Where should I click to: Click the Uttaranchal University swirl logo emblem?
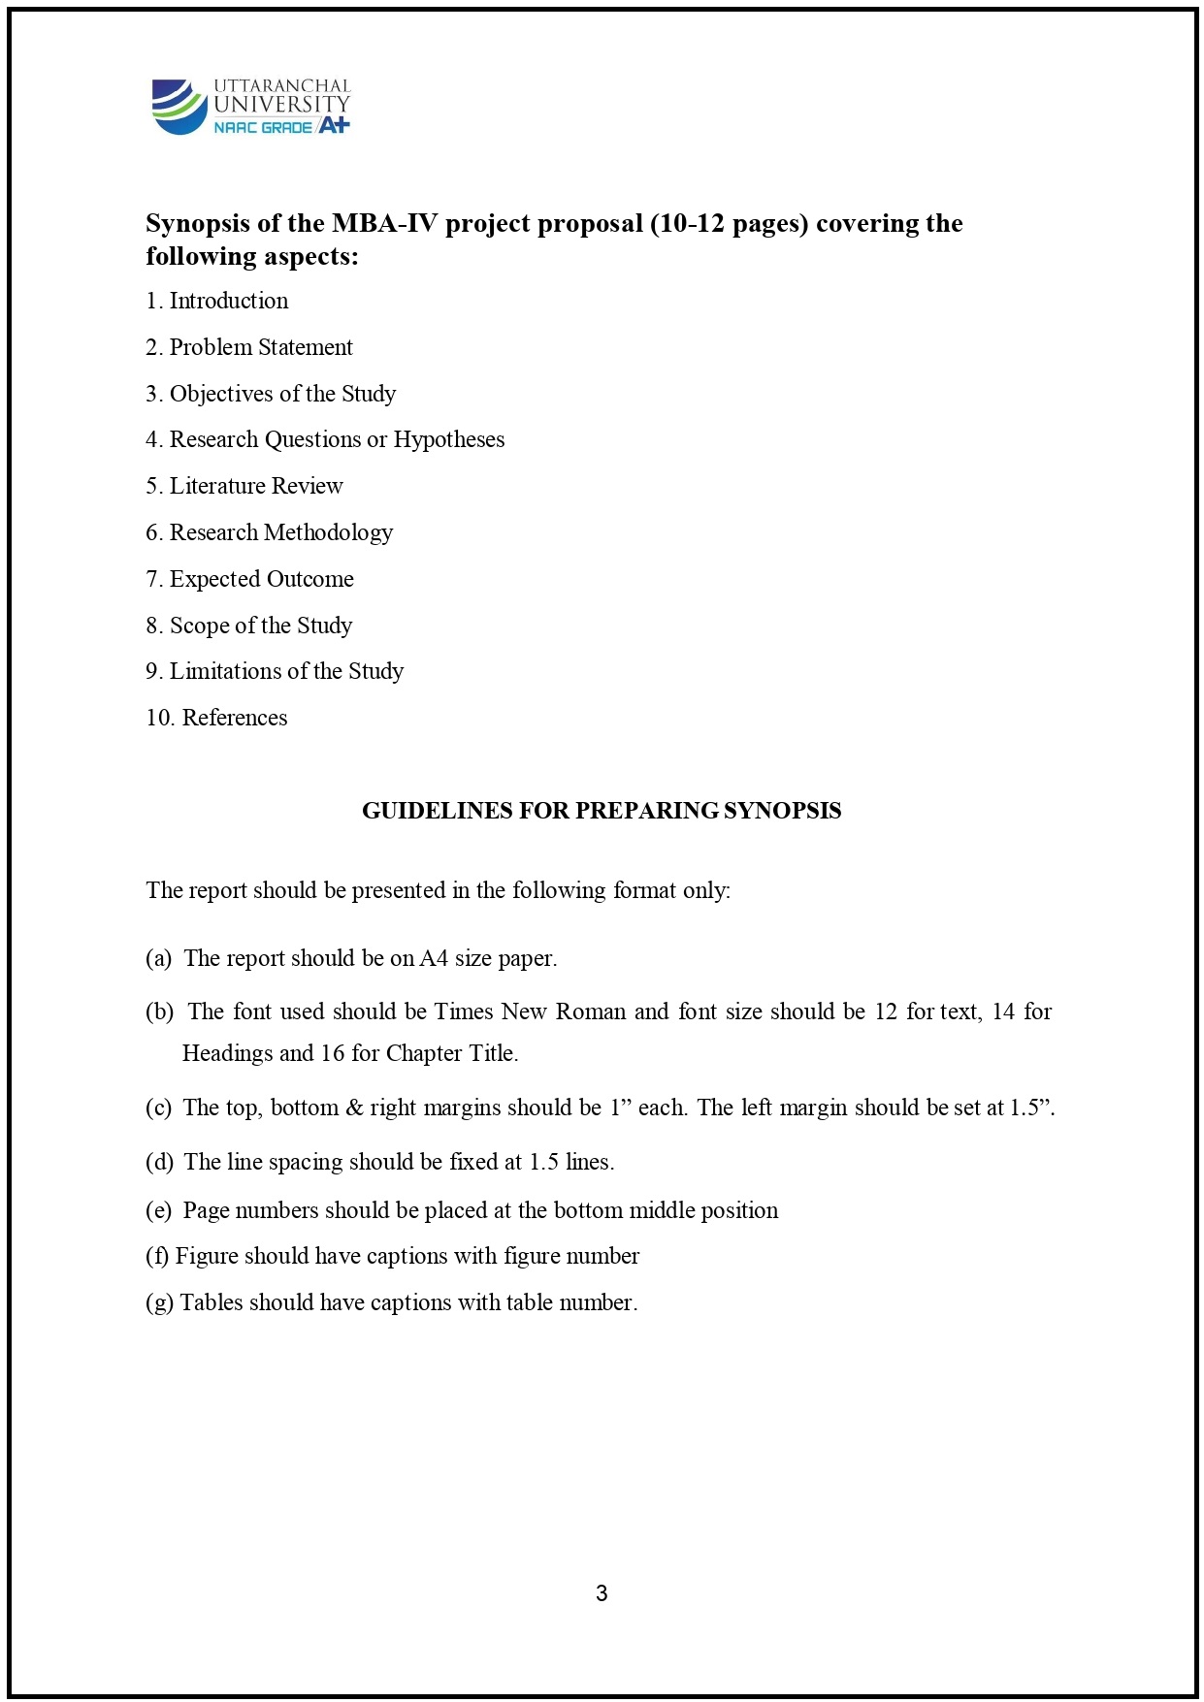pos(179,106)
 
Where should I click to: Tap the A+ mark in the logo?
pos(334,125)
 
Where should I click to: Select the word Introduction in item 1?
pos(229,301)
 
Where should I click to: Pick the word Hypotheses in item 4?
pos(448,439)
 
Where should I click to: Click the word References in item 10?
pos(235,718)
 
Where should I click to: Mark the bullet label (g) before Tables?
pos(159,1302)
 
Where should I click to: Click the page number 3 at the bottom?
pos(602,1592)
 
